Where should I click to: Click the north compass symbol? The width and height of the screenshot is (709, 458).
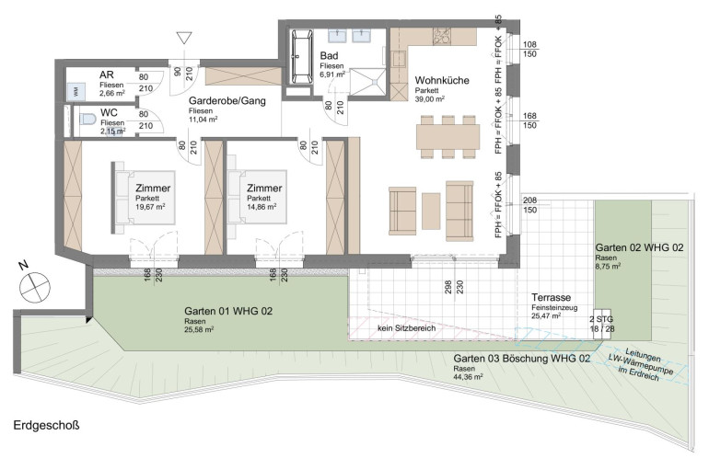click(x=35, y=287)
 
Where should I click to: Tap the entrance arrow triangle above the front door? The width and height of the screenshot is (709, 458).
click(x=184, y=38)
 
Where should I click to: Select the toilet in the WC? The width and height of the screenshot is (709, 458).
click(x=87, y=120)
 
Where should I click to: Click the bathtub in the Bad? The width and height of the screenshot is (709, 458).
click(x=302, y=56)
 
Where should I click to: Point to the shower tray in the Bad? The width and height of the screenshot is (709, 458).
click(x=368, y=82)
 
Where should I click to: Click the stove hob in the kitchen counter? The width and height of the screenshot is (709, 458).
click(x=442, y=37)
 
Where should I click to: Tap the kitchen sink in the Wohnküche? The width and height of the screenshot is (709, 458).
click(x=399, y=59)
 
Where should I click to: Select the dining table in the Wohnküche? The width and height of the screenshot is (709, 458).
click(x=448, y=137)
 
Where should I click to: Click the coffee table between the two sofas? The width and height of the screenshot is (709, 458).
click(x=431, y=211)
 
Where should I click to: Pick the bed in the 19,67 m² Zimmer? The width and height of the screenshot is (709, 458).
click(x=144, y=198)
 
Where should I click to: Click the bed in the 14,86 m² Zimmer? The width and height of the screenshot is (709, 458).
click(x=257, y=197)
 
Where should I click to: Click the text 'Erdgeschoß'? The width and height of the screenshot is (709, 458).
click(x=47, y=426)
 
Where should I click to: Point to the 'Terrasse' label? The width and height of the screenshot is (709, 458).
click(x=552, y=298)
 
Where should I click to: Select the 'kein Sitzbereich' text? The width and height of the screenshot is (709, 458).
click(x=407, y=328)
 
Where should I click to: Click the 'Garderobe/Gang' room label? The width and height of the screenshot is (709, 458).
click(x=227, y=101)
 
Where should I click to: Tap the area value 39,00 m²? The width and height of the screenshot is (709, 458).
click(x=430, y=99)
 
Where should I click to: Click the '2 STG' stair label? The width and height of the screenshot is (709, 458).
click(x=602, y=319)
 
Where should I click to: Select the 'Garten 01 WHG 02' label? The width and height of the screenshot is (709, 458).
click(x=228, y=311)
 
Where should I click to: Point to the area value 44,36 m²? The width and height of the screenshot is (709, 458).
click(x=468, y=376)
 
